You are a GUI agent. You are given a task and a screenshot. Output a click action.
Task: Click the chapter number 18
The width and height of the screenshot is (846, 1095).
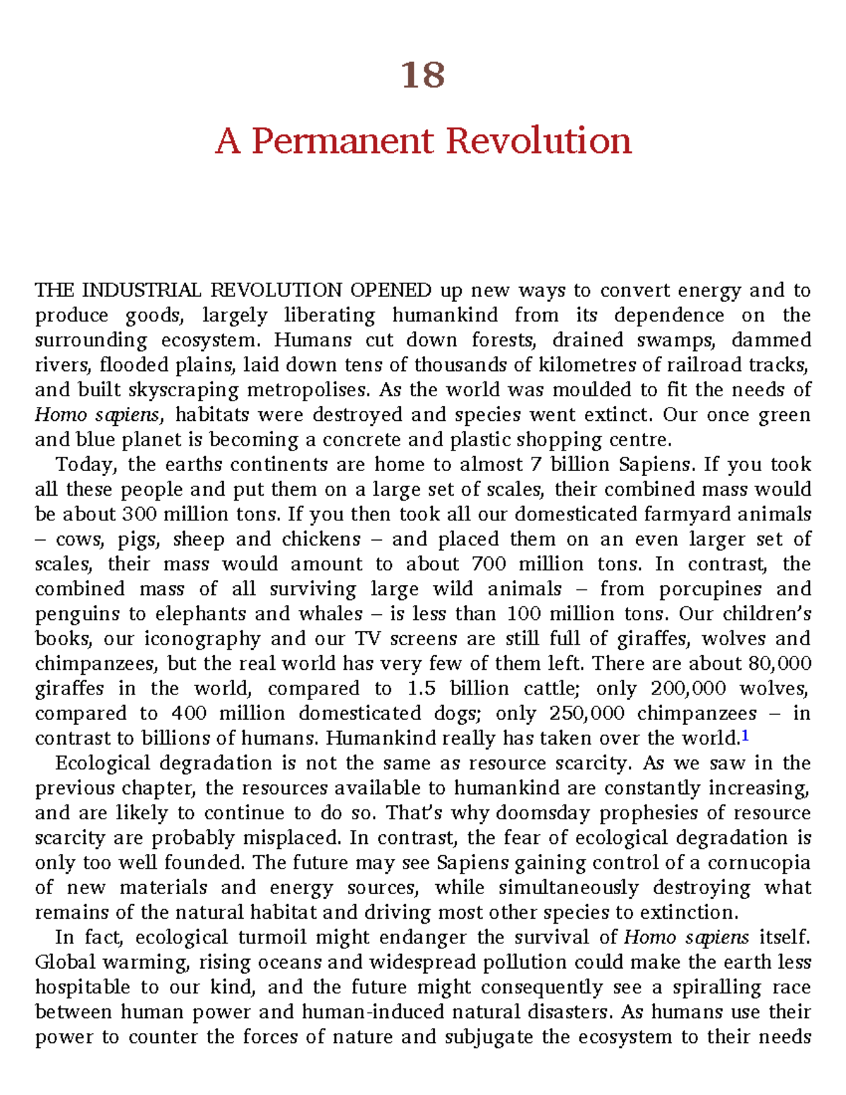pos(423,75)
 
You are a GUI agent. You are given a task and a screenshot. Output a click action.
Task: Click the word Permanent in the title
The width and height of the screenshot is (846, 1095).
pos(343,140)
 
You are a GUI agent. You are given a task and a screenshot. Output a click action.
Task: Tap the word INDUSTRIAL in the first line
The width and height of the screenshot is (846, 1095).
pos(141,290)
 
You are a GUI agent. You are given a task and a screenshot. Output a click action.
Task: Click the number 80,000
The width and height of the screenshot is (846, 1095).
pos(780,663)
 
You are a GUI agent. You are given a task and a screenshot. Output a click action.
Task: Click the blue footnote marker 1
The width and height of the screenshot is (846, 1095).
pos(745,737)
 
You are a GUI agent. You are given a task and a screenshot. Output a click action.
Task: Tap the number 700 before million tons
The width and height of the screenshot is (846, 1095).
pos(489,564)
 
